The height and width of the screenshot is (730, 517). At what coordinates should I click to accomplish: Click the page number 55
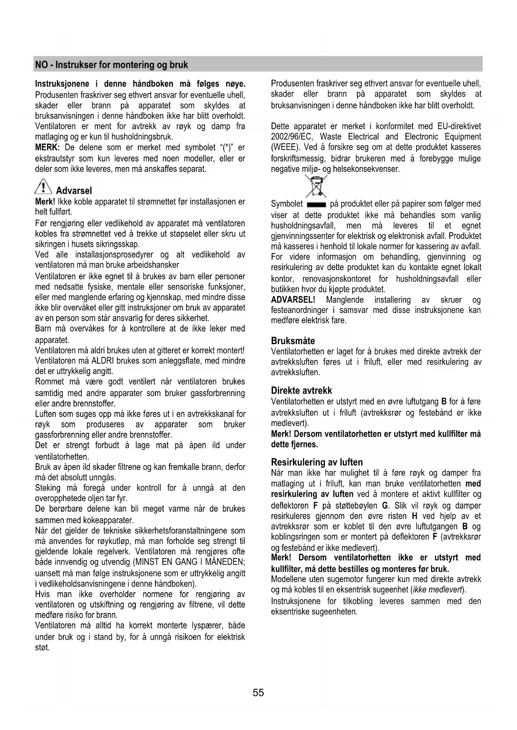click(x=258, y=693)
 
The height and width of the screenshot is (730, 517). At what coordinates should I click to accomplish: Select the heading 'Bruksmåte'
click(x=293, y=341)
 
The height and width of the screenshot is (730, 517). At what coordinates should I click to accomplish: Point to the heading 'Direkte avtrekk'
click(x=302, y=390)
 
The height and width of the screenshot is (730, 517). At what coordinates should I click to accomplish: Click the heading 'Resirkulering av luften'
click(x=317, y=462)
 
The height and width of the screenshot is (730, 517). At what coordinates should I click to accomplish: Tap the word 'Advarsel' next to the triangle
click(x=74, y=191)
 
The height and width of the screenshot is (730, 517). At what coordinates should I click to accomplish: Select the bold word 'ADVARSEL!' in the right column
click(x=293, y=300)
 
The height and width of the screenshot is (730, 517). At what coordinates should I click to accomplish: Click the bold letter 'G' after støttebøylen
click(x=385, y=506)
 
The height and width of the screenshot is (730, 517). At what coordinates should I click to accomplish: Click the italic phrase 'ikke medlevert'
click(x=437, y=590)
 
